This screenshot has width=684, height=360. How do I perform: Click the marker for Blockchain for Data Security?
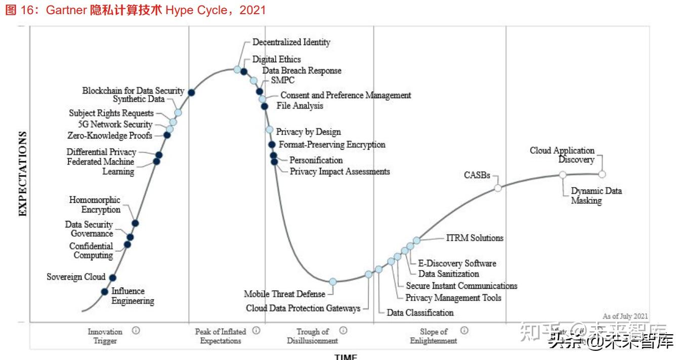(x=191, y=92)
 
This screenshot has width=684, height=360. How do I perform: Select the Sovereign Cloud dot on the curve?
(x=113, y=277)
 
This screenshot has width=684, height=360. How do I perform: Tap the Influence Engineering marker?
(x=104, y=291)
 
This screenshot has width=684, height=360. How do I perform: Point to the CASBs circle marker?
(x=498, y=188)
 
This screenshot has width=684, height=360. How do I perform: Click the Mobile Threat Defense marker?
(x=332, y=282)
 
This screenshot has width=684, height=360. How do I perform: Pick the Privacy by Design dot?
(x=270, y=130)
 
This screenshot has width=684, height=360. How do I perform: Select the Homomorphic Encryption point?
(x=135, y=223)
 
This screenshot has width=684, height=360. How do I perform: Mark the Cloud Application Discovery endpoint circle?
(x=602, y=174)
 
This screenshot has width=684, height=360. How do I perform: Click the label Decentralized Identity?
(x=291, y=42)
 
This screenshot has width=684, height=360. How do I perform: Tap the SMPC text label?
(x=283, y=80)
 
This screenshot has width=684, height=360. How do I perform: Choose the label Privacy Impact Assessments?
(x=339, y=171)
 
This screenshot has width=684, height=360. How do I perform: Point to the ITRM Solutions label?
(x=475, y=238)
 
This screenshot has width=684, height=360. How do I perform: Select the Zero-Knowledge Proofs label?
(x=110, y=135)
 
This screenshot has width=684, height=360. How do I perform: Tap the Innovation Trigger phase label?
(x=105, y=336)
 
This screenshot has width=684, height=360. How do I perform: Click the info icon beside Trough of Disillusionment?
(x=344, y=331)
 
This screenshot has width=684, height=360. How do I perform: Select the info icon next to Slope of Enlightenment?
(x=464, y=331)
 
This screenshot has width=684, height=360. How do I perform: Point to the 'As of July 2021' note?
(x=625, y=316)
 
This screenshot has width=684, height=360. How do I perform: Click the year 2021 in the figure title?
(x=252, y=10)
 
